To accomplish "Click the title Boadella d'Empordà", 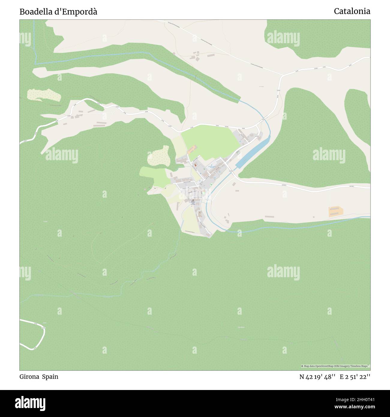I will tap(58, 12).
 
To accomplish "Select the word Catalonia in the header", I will tap(352, 11).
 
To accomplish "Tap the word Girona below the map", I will tap(29, 376).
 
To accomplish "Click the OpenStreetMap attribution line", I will tap(335, 366).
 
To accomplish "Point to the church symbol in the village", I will tap(193, 200).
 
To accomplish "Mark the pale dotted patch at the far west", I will tap(44, 95).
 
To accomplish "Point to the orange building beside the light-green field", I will tap(192, 149).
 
